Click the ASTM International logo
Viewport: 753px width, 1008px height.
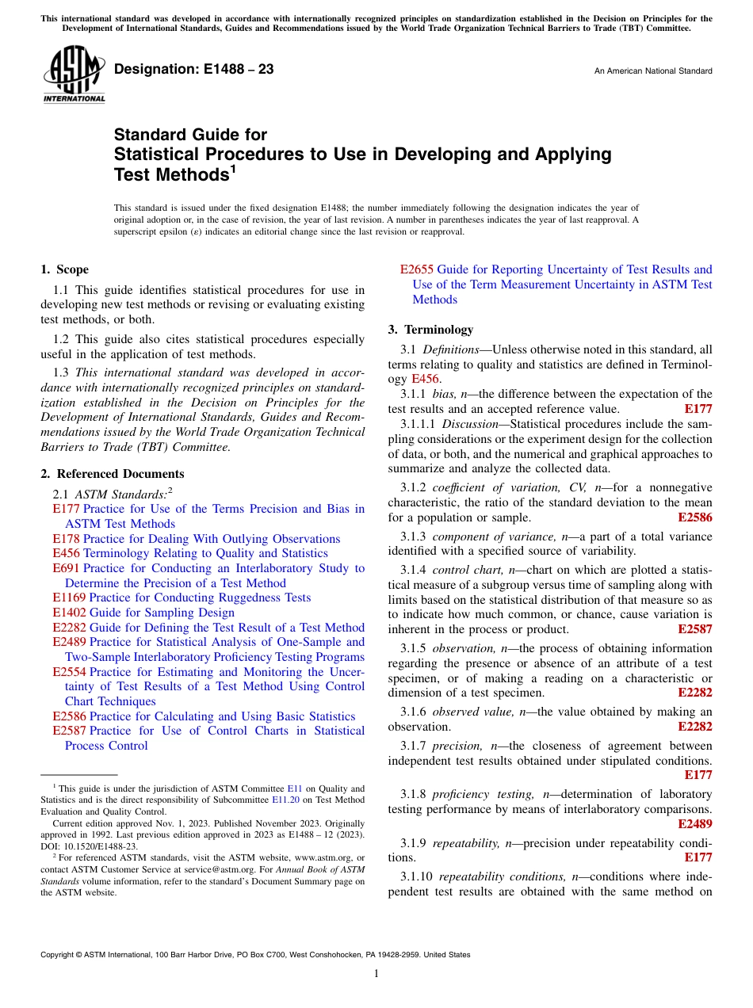(x=74, y=76)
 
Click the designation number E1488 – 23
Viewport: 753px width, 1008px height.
(x=194, y=70)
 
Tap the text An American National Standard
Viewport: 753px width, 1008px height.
(x=653, y=71)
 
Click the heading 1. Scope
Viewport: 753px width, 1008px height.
(x=64, y=269)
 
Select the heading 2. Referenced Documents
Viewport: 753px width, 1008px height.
(x=113, y=474)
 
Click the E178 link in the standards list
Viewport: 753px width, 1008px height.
(x=66, y=539)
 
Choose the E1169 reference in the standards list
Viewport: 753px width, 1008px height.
(x=69, y=598)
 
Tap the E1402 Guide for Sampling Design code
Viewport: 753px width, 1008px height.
(x=69, y=613)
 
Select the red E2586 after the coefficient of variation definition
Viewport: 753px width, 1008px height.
(x=695, y=517)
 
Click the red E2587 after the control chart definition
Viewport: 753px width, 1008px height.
(x=695, y=629)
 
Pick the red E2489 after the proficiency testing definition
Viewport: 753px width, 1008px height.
(x=695, y=824)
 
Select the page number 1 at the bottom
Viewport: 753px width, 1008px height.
(x=376, y=974)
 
